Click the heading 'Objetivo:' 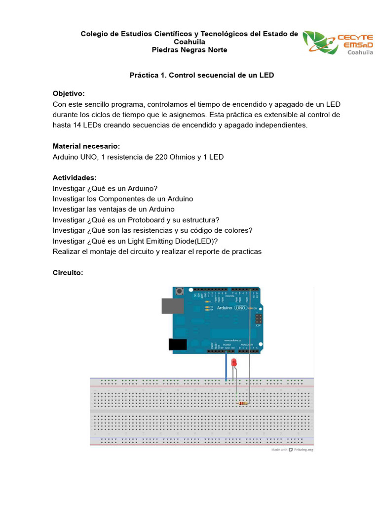point(69,93)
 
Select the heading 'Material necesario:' point(86,146)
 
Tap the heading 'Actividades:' point(75,177)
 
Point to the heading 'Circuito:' point(69,272)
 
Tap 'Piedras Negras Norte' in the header point(189,50)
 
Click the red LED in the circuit point(234,363)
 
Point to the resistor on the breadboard point(242,404)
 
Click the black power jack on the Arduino point(177,344)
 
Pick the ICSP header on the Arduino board point(258,320)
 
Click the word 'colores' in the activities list point(237,230)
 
